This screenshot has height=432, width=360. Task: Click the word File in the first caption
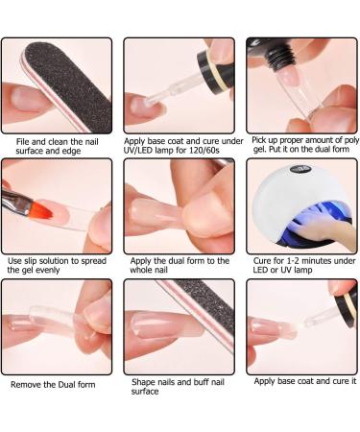click(22, 142)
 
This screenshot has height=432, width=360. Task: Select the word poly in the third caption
click(351, 140)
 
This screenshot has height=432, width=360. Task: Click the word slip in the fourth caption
click(31, 261)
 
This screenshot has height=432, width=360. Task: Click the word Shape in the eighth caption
click(142, 382)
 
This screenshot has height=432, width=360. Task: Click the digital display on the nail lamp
click(299, 169)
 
